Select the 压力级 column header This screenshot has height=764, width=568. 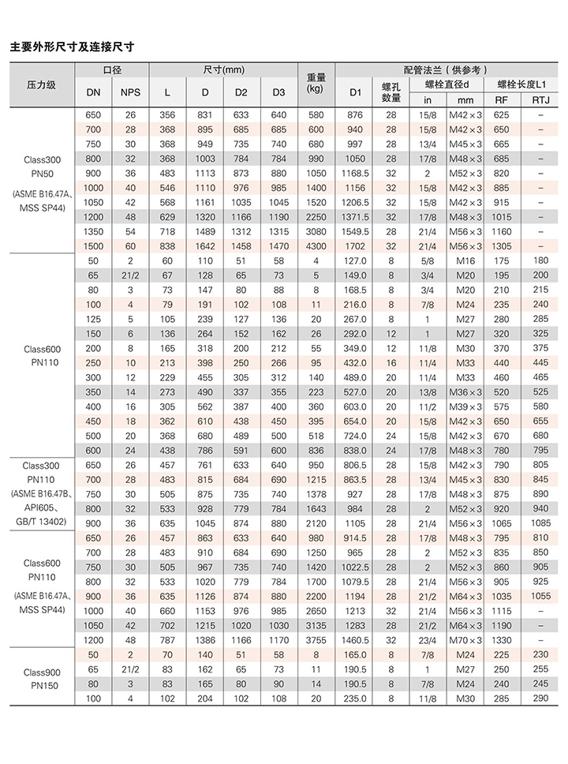pos(41,84)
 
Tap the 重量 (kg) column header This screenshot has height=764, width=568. pos(316,84)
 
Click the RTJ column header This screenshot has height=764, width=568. pos(540,99)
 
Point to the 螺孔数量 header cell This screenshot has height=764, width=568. pos(391,92)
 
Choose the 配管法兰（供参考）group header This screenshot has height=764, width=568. pos(447,70)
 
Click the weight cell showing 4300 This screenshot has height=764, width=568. pos(316,245)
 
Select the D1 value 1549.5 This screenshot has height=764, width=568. pos(356,231)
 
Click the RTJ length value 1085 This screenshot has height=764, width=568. pos(540,523)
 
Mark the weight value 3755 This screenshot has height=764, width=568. pos(316,640)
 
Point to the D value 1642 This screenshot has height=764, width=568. pos(204,245)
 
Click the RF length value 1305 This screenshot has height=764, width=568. pos(502,245)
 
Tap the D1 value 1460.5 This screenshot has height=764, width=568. pos(356,640)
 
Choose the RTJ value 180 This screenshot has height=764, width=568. pos(540,260)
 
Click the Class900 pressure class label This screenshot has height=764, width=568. pos(41,672)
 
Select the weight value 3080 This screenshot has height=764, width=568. pos(316,231)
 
